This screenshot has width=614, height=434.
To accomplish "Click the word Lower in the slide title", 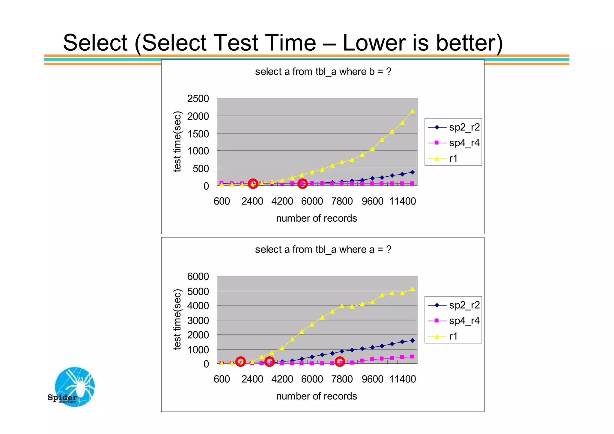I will coord(374,43).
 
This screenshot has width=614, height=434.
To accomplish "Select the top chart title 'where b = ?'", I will coord(323,72).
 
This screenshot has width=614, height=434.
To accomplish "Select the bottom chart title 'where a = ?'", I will coord(323,250).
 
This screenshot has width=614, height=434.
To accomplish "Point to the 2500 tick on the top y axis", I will coord(198,99).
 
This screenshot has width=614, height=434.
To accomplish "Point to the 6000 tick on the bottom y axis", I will coord(198,277).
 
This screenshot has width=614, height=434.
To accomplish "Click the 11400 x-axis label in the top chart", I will coord(402,201).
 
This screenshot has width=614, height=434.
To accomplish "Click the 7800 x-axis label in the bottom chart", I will coord(342,379).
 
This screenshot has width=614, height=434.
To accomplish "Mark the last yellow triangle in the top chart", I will coord(412,111).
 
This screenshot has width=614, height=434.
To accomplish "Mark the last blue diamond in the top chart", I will coord(412,172).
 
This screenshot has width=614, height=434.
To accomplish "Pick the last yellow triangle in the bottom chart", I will coord(412,289).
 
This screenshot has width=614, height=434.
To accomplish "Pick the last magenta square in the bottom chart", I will coord(412,357).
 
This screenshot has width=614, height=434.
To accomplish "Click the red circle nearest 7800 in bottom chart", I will coord(340,362).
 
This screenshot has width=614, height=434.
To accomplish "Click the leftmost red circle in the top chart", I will coord(253,184).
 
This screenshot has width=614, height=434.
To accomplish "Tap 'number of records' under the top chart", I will coord(316,218).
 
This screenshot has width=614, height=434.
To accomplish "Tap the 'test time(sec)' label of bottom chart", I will coord(177,319).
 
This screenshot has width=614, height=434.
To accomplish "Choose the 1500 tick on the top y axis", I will coord(198,134).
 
